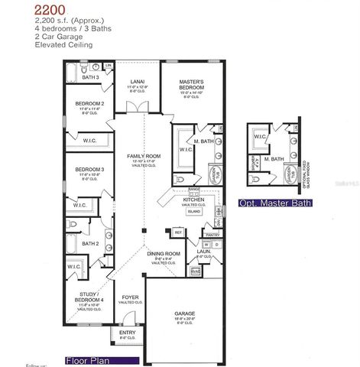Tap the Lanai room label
(138, 80)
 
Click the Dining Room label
(164, 253)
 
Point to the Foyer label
(130, 297)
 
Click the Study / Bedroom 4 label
(89, 298)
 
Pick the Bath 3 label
(91, 77)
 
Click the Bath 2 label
(91, 244)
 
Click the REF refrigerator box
(178, 232)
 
